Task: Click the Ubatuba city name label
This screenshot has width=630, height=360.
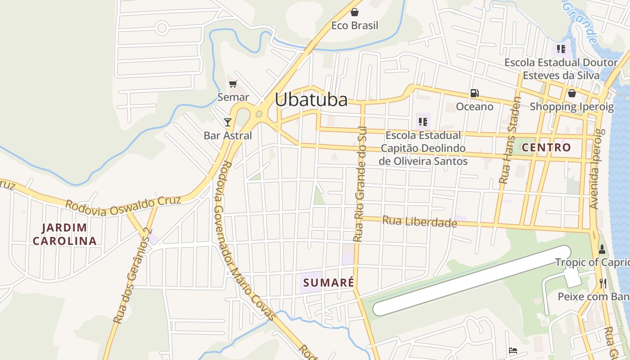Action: pos(311,100)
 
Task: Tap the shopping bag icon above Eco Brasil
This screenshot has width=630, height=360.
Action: pos(355,12)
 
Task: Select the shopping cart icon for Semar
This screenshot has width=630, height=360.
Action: pos(233,84)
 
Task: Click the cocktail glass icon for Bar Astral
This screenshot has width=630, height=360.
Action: pos(228,122)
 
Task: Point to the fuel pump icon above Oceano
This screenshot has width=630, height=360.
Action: pos(474,93)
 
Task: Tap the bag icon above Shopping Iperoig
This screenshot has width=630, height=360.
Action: pos(571,93)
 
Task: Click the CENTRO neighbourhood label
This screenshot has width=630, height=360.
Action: pos(546,147)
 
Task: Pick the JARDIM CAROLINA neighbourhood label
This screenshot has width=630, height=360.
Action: pos(64,234)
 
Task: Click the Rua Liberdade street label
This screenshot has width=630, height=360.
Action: pos(419,221)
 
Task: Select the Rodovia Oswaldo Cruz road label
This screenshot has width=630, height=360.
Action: pos(123,205)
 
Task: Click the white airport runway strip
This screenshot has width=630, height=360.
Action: pos(471,280)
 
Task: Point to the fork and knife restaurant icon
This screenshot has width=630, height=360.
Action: pos(603,283)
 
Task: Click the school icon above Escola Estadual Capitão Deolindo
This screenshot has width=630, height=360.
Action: pos(423,121)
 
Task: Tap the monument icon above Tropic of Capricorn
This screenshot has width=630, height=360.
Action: pos(602,249)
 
